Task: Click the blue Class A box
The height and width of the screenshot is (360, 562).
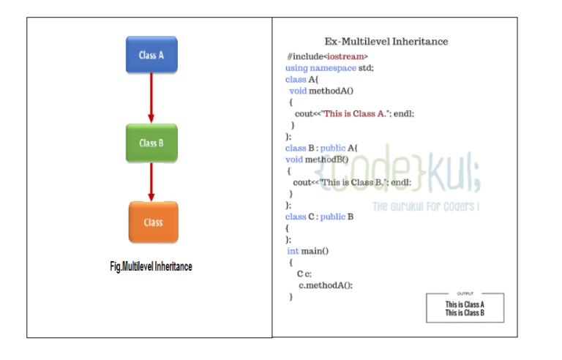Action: [x=151, y=54]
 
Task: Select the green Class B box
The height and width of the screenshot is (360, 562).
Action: [x=151, y=143]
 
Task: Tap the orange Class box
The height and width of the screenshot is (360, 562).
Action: [x=154, y=222]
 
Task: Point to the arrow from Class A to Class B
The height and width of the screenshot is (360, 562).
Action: [x=151, y=98]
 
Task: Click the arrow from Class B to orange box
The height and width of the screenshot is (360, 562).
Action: [x=151, y=181]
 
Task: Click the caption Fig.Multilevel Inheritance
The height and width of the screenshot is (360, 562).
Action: [x=151, y=266]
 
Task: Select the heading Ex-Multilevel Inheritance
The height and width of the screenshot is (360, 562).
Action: [x=386, y=42]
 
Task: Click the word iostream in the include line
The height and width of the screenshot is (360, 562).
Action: [x=345, y=56]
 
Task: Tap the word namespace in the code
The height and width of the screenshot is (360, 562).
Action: [x=333, y=68]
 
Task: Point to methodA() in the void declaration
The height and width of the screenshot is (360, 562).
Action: [x=331, y=91]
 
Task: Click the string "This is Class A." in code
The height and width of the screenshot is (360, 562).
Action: [x=355, y=113]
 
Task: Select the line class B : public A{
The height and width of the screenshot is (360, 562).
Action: [x=321, y=148]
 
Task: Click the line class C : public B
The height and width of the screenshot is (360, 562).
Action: [x=319, y=217]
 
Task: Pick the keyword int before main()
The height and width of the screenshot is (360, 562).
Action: [x=293, y=251]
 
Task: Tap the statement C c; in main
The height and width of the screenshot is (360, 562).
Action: [x=304, y=274]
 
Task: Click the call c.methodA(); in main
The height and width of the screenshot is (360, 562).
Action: [x=326, y=285]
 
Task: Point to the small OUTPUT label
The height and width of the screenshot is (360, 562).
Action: [x=465, y=293]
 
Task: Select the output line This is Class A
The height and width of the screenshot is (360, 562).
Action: [x=465, y=304]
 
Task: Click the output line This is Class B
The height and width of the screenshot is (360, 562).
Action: [x=465, y=313]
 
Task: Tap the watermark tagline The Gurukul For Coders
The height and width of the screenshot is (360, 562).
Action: [x=426, y=206]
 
